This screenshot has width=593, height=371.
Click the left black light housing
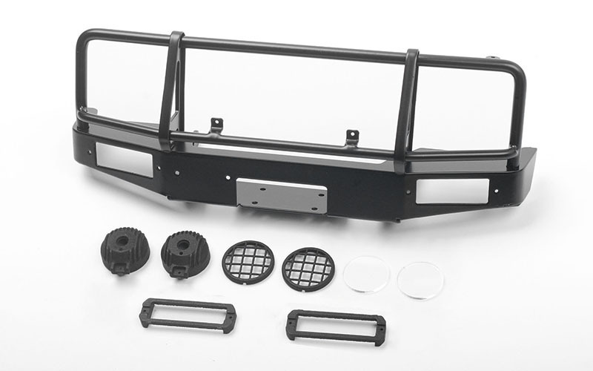point(125,251)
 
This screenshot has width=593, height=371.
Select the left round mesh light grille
point(248,261)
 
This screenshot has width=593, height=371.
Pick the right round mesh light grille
point(308,268)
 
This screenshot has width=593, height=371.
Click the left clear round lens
point(366,274)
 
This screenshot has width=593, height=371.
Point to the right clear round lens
point(420,280)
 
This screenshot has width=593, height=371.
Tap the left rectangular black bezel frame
point(187,315)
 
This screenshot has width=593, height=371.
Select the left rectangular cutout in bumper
point(130,158)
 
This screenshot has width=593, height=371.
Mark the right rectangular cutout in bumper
point(452,191)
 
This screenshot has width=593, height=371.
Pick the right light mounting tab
point(352,137)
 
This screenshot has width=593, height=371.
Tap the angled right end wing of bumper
point(523,165)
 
